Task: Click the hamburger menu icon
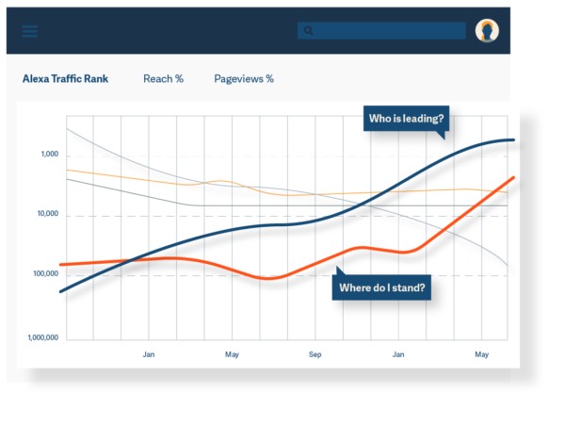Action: [x=30, y=31]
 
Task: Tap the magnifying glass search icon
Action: [x=308, y=31]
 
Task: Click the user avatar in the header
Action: [x=487, y=31]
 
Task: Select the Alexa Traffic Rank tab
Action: [x=65, y=79]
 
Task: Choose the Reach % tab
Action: [x=163, y=79]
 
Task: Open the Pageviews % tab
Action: [x=244, y=79]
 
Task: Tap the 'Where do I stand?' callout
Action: [x=381, y=287]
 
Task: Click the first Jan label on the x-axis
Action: [x=149, y=354]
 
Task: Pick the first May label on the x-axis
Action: [x=232, y=354]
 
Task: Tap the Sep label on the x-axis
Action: [x=315, y=354]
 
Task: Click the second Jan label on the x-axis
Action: [x=398, y=354]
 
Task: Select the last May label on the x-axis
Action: [x=481, y=354]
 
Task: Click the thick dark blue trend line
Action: [x=235, y=229]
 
